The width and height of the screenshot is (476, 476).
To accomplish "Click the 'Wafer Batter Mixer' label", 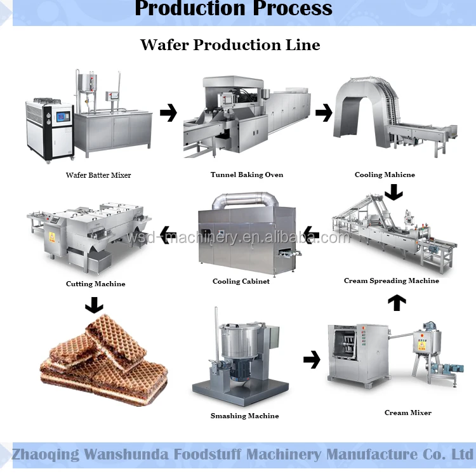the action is click(x=98, y=175).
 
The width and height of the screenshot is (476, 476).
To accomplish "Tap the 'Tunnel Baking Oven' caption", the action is click(x=247, y=175).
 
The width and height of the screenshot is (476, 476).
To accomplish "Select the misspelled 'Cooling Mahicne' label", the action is click(x=385, y=175).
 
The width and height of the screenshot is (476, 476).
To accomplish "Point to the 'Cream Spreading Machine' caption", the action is click(x=391, y=281).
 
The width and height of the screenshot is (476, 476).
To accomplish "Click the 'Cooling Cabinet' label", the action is click(x=241, y=281).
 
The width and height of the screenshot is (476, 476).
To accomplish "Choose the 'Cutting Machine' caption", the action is click(x=96, y=284).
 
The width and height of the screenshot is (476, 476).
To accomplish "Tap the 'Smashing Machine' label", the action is click(x=244, y=416).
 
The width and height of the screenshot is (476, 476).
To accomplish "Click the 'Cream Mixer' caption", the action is click(x=407, y=413).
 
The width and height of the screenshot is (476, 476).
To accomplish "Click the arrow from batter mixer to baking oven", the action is click(x=168, y=114).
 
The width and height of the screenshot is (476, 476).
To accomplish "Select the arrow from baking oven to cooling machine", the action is click(x=324, y=114).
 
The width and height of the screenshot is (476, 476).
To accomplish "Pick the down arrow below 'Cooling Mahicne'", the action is click(x=394, y=191).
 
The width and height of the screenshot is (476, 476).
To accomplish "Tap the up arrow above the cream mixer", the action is click(x=397, y=302).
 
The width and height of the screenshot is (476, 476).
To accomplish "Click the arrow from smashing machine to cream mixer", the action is click(x=312, y=360).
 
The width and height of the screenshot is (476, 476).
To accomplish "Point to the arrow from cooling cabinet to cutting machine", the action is click(x=168, y=234).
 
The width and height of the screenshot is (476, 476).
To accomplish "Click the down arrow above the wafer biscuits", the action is click(x=94, y=305).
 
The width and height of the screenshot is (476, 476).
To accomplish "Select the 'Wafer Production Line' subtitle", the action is click(x=230, y=44).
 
